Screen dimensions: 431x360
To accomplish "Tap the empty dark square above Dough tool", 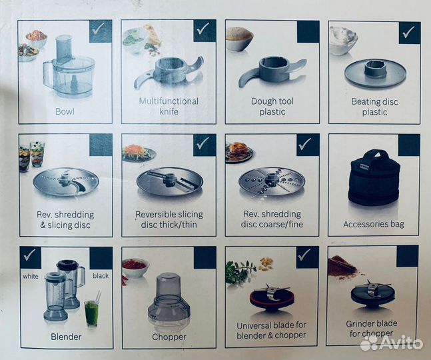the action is click(308, 31).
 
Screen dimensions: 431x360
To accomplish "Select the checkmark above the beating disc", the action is click(408, 32).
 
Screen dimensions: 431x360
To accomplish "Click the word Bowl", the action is click(65, 111).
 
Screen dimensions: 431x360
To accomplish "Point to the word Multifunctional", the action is click(169, 101).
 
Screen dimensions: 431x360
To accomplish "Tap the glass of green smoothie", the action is click(91, 313).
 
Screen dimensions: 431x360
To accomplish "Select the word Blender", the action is click(66, 337).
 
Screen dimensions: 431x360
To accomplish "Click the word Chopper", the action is click(169, 337).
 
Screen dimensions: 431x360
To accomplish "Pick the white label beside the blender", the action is click(31, 276).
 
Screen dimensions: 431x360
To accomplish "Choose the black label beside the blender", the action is click(101, 275).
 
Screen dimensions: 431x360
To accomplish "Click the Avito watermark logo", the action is click(392, 343).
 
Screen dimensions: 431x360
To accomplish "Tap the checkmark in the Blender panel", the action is click(29, 255).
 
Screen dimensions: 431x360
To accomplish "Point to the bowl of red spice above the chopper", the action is click(135, 267).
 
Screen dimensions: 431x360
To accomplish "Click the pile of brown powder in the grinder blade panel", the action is click(342, 265).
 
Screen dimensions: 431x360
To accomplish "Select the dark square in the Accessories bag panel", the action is click(409, 145).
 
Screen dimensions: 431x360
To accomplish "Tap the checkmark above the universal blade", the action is click(304, 255).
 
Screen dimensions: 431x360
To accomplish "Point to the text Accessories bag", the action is click(374, 225).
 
